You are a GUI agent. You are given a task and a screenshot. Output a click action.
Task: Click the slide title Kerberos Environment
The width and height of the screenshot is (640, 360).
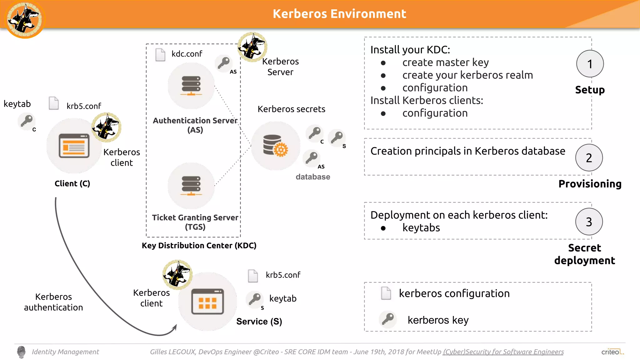click(339, 14)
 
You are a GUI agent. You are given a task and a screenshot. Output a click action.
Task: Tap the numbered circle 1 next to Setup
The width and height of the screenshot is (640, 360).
click(590, 64)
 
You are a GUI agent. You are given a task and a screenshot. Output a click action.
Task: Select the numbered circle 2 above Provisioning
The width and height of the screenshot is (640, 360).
click(589, 157)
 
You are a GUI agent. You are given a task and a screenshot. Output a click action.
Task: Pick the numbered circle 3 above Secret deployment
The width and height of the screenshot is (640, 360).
click(589, 222)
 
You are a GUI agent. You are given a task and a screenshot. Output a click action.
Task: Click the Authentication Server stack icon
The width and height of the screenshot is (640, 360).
click(191, 86)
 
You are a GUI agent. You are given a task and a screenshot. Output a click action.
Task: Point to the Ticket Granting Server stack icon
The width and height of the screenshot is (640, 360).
click(191, 186)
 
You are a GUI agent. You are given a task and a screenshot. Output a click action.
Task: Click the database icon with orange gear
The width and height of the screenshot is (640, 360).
click(275, 146)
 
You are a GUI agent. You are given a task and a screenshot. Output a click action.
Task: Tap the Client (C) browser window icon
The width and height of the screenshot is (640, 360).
click(74, 146)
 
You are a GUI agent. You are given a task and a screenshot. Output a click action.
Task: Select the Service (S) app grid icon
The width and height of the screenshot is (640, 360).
click(207, 301)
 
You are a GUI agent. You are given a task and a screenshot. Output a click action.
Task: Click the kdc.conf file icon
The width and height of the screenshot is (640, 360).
click(160, 55)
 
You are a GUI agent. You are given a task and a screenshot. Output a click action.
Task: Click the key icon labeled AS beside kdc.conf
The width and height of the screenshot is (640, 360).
click(224, 63)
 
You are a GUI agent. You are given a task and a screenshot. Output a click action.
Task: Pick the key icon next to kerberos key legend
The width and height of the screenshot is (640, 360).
click(388, 319)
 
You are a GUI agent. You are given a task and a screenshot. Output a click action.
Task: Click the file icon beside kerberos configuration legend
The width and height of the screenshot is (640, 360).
click(386, 293)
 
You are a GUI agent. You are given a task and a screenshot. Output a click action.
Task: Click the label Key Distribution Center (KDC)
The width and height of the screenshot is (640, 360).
click(199, 246)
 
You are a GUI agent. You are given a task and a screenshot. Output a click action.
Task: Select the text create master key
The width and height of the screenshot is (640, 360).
click(445, 62)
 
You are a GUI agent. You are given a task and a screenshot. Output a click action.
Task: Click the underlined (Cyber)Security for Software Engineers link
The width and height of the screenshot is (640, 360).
click(503, 352)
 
